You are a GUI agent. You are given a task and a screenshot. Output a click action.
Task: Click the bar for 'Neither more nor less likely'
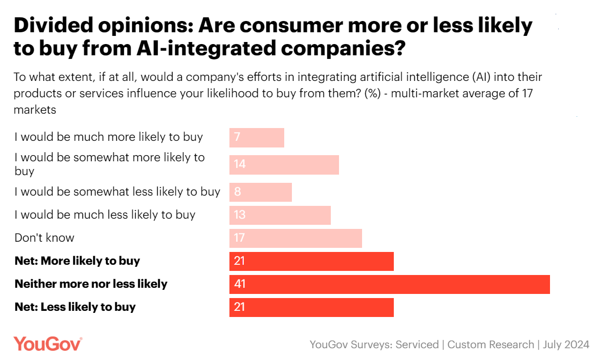(x=389, y=284)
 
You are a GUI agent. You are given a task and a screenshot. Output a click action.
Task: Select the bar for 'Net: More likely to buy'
(x=311, y=261)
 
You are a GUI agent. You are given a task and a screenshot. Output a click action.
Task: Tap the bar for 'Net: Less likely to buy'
(x=311, y=307)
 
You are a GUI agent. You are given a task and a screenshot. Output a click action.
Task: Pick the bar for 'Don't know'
(x=295, y=238)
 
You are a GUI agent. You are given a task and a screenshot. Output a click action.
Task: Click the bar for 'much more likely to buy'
(x=257, y=137)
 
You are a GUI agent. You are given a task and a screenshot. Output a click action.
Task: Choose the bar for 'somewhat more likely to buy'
(x=284, y=164)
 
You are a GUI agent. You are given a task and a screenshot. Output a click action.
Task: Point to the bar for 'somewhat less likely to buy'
(x=260, y=192)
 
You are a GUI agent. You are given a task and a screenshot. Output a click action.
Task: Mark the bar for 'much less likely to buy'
(x=280, y=215)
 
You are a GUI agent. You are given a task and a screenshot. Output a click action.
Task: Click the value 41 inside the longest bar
(x=240, y=284)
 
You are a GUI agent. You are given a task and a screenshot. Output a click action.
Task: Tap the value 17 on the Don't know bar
(x=239, y=238)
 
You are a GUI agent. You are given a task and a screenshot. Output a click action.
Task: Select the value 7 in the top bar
(x=237, y=137)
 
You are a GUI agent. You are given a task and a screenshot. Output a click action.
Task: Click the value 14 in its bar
(x=239, y=164)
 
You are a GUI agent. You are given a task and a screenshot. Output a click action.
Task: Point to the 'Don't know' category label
(x=45, y=238)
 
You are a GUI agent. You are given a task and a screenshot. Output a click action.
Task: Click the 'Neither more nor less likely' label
(x=91, y=284)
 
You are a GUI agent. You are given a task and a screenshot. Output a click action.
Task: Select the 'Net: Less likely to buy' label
(x=75, y=307)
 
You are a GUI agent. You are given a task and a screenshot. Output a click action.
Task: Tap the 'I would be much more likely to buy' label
(x=109, y=137)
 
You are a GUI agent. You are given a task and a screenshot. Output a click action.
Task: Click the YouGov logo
(x=48, y=344)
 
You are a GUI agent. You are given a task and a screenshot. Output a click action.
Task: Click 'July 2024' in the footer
(x=566, y=344)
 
